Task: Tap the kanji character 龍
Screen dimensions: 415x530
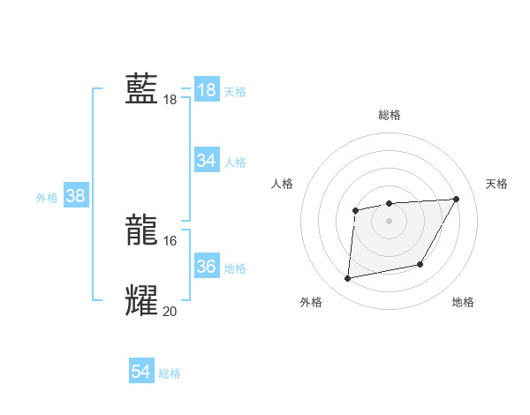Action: (x=141, y=231)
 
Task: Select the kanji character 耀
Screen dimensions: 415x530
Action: (x=141, y=300)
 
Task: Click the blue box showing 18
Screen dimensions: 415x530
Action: (x=206, y=90)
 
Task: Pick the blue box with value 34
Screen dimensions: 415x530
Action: (x=206, y=161)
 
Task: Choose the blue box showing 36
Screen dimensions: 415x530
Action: (x=206, y=267)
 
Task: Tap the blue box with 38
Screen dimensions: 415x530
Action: (x=75, y=196)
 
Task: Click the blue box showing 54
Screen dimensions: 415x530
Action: (x=140, y=372)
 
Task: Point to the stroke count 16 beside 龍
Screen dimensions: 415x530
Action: (x=170, y=241)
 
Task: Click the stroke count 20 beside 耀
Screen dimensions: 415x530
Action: (x=170, y=311)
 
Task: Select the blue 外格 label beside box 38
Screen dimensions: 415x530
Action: (x=47, y=198)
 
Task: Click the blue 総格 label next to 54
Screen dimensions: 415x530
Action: (x=170, y=373)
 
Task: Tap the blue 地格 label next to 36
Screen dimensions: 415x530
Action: (x=235, y=268)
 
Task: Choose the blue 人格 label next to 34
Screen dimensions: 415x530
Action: (x=235, y=162)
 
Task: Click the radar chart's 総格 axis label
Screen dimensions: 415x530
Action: (x=389, y=115)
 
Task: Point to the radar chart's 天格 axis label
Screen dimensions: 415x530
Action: (x=496, y=184)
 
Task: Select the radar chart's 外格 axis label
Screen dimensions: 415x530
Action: (x=311, y=302)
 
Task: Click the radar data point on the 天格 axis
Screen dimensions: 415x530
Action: (x=457, y=199)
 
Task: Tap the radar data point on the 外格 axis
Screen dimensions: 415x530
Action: (x=348, y=279)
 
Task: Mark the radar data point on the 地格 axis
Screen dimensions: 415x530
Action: (x=420, y=264)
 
